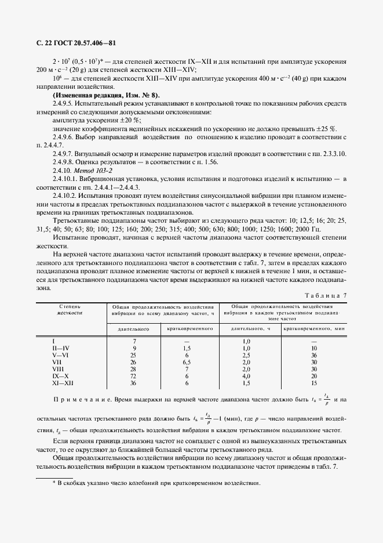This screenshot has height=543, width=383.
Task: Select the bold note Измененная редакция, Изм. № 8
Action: pos(107,95)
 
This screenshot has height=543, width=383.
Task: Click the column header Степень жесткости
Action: pos(71,309)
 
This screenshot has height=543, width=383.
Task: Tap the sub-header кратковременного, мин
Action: pos(315,329)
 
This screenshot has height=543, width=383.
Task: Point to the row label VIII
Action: pos(57,369)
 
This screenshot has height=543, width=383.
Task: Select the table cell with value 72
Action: pos(133,377)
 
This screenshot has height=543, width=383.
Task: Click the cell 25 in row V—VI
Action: pos(133,354)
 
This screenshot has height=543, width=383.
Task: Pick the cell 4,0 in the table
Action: pos(246,377)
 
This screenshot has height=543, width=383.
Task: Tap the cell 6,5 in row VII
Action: pos(187,362)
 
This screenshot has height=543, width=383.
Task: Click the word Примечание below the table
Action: pos(81,401)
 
